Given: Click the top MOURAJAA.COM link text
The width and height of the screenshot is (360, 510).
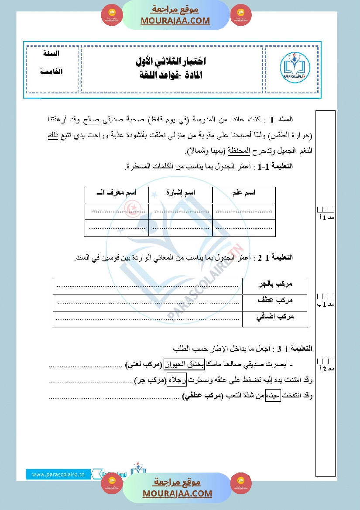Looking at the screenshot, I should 175,21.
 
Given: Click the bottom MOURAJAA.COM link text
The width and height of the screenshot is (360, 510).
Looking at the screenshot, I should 177,493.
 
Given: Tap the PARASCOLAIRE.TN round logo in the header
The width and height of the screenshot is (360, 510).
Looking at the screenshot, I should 295,68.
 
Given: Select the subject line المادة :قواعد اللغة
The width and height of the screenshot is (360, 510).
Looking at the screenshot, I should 171,75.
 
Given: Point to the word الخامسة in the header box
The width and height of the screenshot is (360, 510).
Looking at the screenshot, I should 51,71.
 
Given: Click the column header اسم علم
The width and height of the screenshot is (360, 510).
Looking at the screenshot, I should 244,192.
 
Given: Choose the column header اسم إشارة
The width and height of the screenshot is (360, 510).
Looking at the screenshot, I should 181,192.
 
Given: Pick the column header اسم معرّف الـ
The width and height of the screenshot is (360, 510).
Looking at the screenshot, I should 117,192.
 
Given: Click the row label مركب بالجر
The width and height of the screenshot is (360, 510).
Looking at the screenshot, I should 274,284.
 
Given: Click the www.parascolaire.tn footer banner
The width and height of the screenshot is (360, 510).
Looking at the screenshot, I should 58,474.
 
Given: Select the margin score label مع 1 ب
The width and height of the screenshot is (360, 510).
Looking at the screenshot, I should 325,304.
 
